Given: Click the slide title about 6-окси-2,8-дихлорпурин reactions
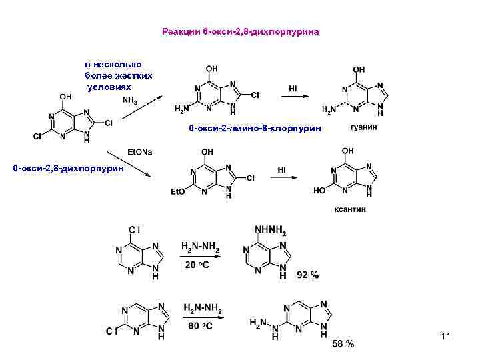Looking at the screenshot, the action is click(x=241, y=31).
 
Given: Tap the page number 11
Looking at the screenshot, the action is click(x=446, y=337).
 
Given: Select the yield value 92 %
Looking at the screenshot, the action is click(x=307, y=274).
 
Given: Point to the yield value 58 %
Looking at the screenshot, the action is click(x=343, y=344).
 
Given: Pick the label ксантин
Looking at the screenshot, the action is click(x=350, y=209).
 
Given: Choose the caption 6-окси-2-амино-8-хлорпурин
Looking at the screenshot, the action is click(x=254, y=127).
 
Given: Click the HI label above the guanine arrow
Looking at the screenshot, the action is click(x=293, y=87).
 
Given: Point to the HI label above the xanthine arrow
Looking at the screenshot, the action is click(x=283, y=170).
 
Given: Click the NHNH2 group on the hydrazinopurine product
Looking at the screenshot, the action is click(x=271, y=231).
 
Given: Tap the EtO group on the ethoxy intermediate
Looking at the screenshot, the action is click(x=177, y=192).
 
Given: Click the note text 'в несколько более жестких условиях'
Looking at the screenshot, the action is click(x=117, y=75).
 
